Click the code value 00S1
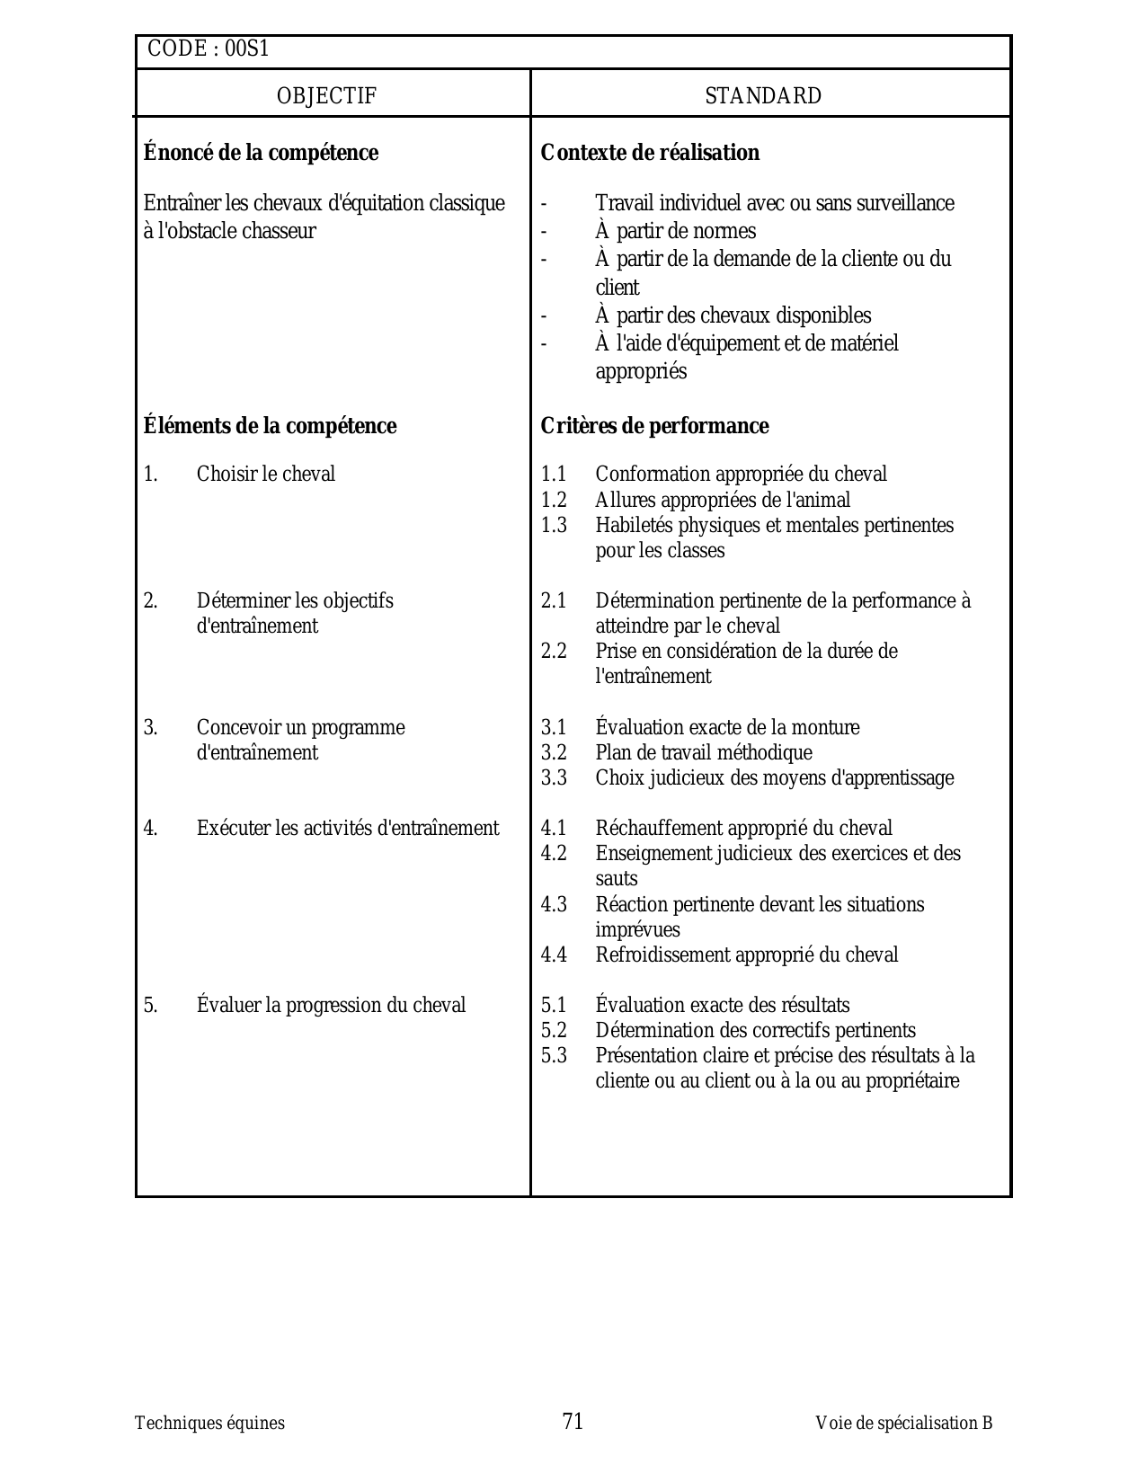click(x=246, y=49)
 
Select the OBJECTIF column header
click(x=326, y=96)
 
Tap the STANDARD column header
click(x=763, y=96)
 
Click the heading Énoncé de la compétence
click(x=261, y=153)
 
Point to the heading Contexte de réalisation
click(x=650, y=153)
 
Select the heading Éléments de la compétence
click(x=270, y=426)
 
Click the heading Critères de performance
click(x=654, y=426)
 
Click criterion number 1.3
click(x=554, y=526)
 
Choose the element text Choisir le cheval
click(x=266, y=475)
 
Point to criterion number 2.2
click(x=554, y=652)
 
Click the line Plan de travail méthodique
click(x=704, y=753)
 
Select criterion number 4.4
click(x=554, y=955)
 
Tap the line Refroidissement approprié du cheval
click(x=746, y=955)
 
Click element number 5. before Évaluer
click(x=150, y=1006)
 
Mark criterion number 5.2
click(x=554, y=1031)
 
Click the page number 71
click(x=573, y=1421)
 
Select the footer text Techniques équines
click(x=209, y=1424)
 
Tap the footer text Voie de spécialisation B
click(x=903, y=1424)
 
